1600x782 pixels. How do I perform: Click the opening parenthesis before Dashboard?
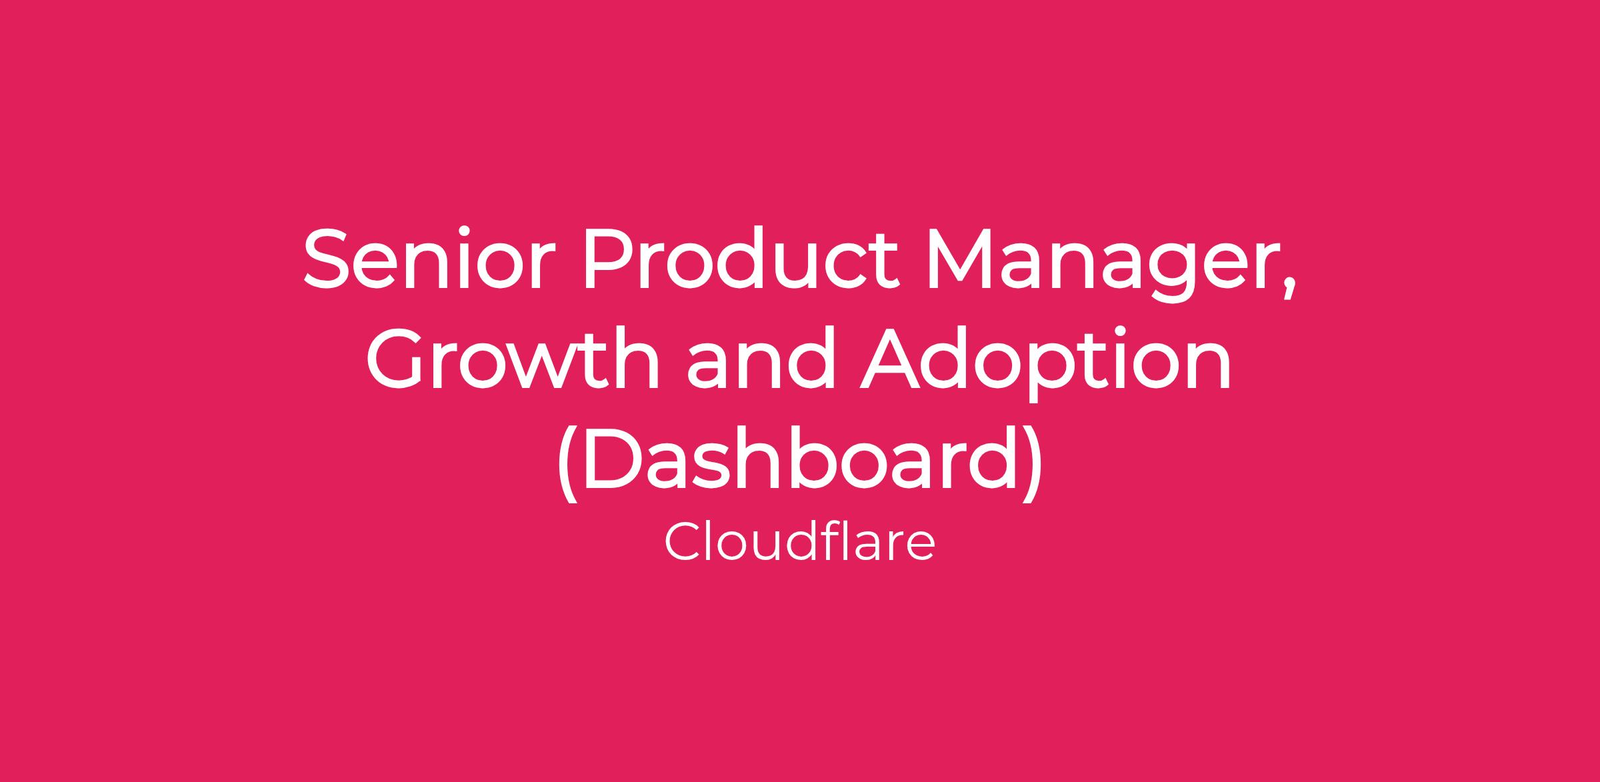[566, 463]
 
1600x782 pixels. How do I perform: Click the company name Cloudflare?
[799, 542]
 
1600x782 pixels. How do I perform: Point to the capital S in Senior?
[326, 259]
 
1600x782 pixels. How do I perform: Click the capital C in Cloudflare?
[683, 543]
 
